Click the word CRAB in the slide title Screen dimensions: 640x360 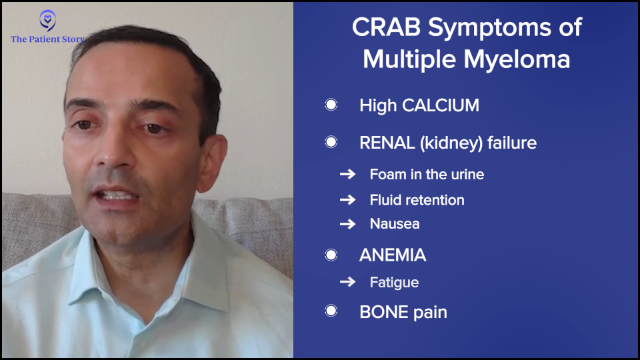pyautogui.click(x=386, y=27)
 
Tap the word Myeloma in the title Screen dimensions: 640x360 pyautogui.click(x=517, y=59)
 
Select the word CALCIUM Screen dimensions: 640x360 pyautogui.click(x=441, y=105)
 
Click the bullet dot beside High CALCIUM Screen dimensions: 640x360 pyautogui.click(x=331, y=105)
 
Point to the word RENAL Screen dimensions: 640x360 pyautogui.click(x=387, y=143)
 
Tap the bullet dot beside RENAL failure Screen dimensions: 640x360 pyautogui.click(x=331, y=142)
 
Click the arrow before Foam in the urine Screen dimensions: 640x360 pyautogui.click(x=348, y=174)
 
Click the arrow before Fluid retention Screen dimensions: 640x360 pyautogui.click(x=348, y=199)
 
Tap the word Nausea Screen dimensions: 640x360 pyautogui.click(x=395, y=224)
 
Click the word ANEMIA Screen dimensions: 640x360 pyautogui.click(x=393, y=255)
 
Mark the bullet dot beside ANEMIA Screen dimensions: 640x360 pyautogui.click(x=331, y=255)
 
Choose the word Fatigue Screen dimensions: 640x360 pyautogui.click(x=394, y=283)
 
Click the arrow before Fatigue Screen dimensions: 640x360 pyautogui.click(x=348, y=281)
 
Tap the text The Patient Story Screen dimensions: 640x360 pyautogui.click(x=48, y=39)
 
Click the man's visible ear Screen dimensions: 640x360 pyautogui.click(x=212, y=163)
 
